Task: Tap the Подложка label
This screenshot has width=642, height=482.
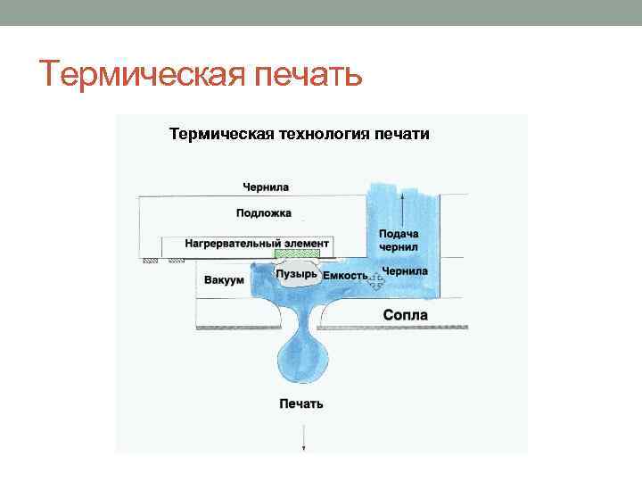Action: point(264,213)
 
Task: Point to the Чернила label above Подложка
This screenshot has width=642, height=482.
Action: point(266,187)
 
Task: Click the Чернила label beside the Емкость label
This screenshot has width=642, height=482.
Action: point(404,270)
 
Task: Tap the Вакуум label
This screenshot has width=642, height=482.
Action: point(224,280)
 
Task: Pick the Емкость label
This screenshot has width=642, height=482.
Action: point(344,276)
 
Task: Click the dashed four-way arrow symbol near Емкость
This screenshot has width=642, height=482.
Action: point(376,280)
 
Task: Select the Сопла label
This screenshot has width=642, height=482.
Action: point(405,315)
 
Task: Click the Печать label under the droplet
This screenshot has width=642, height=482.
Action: point(301,403)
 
